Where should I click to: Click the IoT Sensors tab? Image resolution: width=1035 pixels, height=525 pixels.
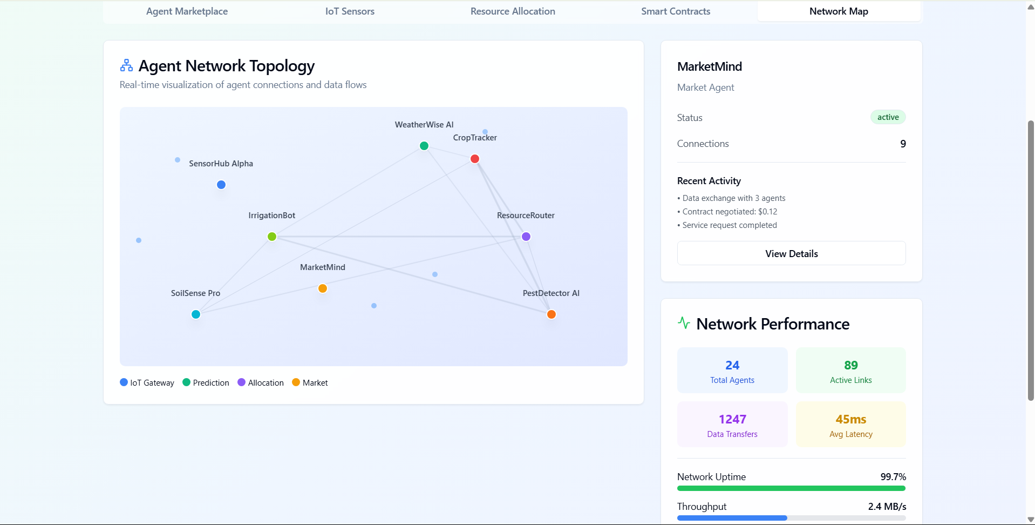[350, 11]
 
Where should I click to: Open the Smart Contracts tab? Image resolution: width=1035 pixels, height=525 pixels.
[676, 11]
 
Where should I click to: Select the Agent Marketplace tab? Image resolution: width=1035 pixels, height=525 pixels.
[187, 11]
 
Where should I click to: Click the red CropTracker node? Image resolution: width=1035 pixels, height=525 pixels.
[475, 159]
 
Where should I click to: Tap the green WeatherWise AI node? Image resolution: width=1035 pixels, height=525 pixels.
[424, 146]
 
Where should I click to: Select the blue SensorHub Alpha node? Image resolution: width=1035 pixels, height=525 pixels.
[221, 185]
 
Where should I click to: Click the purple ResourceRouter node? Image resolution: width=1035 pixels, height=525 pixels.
[526, 237]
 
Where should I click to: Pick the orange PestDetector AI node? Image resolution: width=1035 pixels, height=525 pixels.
[551, 314]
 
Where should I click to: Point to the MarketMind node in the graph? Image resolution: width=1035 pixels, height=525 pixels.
[323, 288]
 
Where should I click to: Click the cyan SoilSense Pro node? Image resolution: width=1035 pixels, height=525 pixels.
[196, 314]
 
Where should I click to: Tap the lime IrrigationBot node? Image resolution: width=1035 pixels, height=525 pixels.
[272, 237]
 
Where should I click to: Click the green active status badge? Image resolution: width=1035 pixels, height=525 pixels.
[888, 117]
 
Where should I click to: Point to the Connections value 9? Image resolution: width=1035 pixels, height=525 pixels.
[903, 144]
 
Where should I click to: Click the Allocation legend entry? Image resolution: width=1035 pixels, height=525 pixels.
[261, 383]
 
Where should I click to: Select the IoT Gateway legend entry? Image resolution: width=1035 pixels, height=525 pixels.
[147, 383]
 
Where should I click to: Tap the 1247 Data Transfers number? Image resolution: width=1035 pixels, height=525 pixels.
[732, 419]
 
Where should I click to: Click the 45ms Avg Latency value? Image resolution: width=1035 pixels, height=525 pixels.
[851, 419]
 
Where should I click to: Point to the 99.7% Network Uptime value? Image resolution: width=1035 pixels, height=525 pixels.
[893, 477]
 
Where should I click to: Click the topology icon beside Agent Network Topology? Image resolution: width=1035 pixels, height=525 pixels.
[126, 65]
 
